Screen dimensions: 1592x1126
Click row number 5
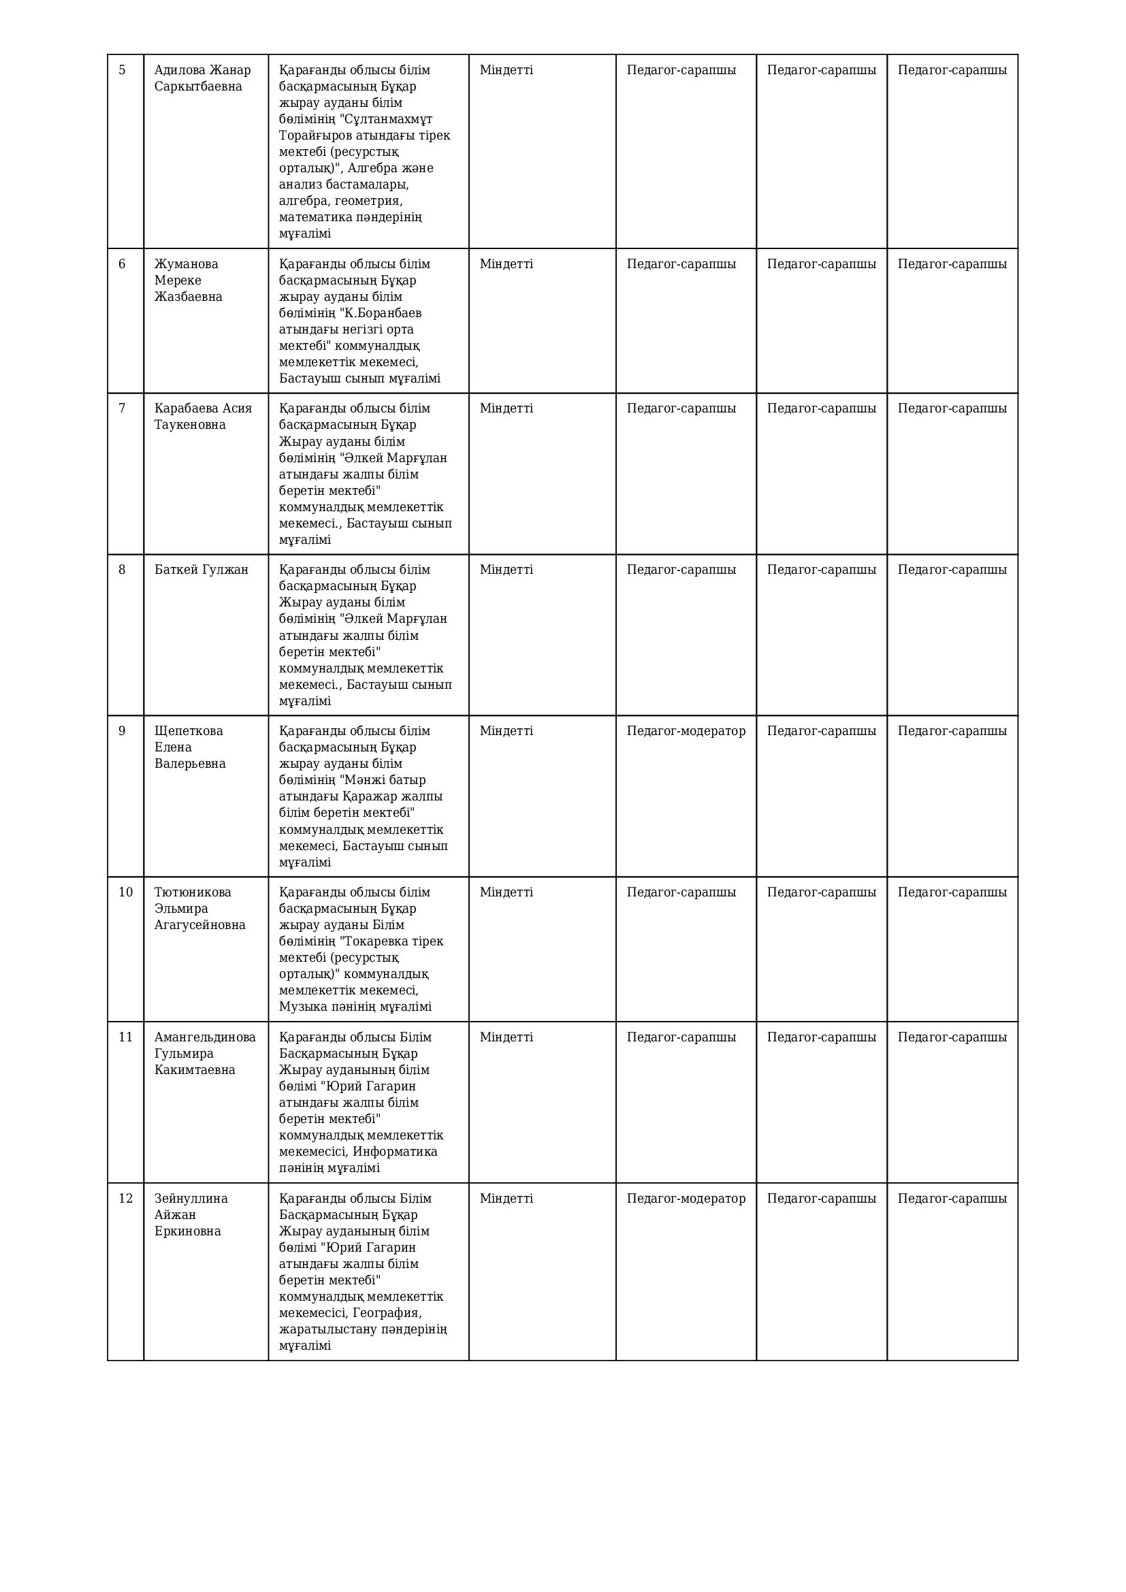tap(122, 70)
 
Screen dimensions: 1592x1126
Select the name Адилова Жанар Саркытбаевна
tap(202, 78)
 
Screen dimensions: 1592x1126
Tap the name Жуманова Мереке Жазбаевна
tap(188, 280)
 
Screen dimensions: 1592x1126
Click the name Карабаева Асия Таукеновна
tap(202, 416)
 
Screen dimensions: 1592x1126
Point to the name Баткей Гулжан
tap(201, 569)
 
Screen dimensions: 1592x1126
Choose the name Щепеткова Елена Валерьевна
tap(189, 747)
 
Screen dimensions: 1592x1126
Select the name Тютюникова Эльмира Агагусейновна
tap(199, 909)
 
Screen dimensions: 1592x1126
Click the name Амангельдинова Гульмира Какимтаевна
tap(204, 1053)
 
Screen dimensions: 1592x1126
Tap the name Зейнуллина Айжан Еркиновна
tap(191, 1215)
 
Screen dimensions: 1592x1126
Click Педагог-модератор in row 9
tap(686, 731)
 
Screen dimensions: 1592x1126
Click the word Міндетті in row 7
tap(506, 408)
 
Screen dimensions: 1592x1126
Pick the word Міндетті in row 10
tap(506, 892)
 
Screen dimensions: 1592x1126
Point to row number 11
tap(125, 1037)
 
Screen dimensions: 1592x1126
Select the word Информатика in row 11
tap(396, 1152)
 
